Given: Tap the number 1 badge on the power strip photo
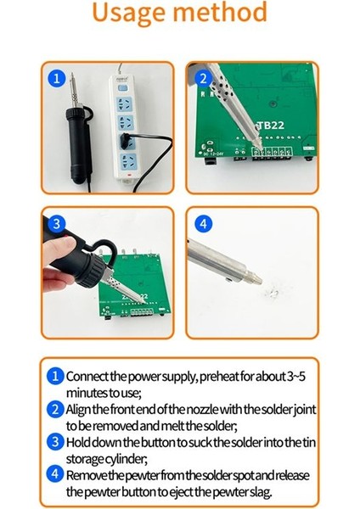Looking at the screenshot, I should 57,79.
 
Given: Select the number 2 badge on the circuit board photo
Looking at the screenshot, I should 201,79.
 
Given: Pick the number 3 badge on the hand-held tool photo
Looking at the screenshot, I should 57,224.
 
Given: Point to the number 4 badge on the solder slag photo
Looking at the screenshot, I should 201,224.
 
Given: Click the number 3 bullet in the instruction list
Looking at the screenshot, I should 54,442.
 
